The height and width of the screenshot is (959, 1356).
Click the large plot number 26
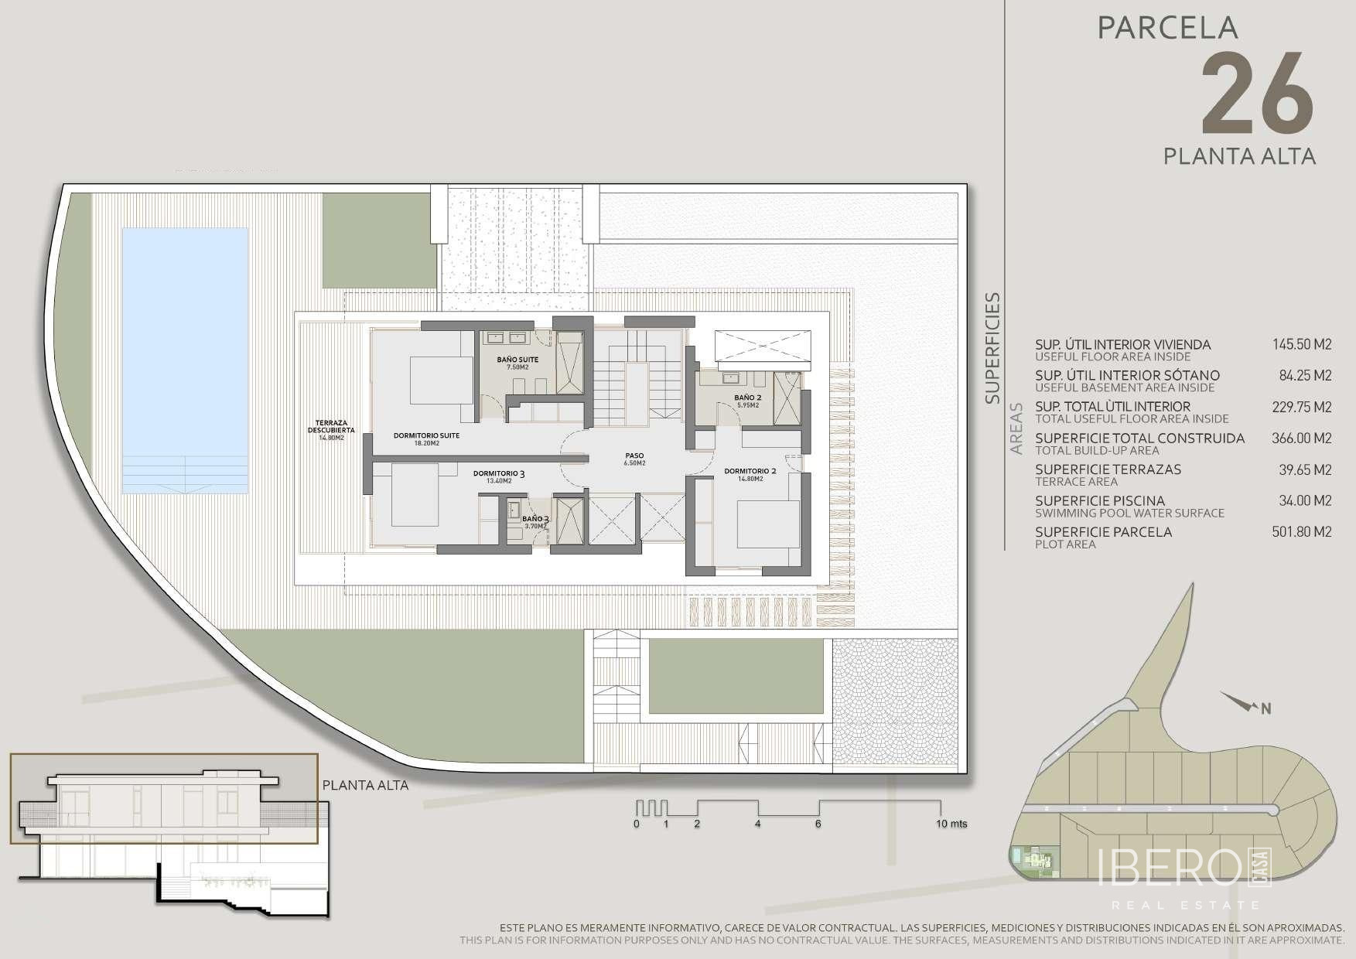tap(1257, 94)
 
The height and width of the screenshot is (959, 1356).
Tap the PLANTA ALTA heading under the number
tap(1239, 156)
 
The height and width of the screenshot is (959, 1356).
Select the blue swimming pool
tap(185, 362)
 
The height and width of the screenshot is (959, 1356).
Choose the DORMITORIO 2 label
tap(750, 470)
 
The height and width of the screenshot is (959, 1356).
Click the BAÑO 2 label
tap(748, 398)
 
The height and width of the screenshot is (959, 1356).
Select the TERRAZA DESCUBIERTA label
tap(331, 426)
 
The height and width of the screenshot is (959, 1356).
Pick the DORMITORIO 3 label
tap(500, 473)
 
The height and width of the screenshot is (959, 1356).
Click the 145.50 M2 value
tap(1302, 345)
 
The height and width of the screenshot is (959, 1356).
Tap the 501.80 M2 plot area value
tap(1302, 532)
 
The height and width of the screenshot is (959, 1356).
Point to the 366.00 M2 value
tap(1302, 439)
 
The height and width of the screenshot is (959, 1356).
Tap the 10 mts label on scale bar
tap(951, 824)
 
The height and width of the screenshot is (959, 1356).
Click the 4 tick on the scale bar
tap(757, 824)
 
